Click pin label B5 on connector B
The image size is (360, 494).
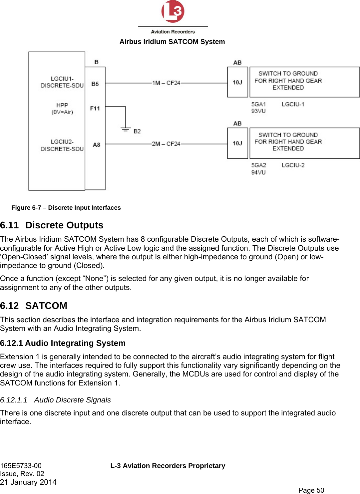(x=95, y=84)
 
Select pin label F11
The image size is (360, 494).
(x=95, y=108)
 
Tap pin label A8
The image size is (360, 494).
(x=96, y=145)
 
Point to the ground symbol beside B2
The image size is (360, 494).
(x=126, y=129)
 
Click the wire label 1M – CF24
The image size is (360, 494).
(x=166, y=83)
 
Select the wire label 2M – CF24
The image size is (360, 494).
(x=166, y=144)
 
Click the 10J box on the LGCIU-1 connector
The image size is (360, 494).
(x=237, y=82)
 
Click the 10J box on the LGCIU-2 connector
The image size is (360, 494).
(x=237, y=143)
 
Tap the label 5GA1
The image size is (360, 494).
(x=258, y=104)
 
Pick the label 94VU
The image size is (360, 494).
(x=258, y=172)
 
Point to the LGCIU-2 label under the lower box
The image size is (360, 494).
(x=293, y=165)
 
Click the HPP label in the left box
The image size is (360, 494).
(x=62, y=105)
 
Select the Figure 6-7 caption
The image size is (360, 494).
(x=66, y=208)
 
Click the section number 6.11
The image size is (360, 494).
(x=9, y=225)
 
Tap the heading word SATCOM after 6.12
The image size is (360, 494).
(x=46, y=306)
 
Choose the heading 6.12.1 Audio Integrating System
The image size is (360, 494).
(x=63, y=343)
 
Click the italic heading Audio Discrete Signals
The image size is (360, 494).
(x=72, y=400)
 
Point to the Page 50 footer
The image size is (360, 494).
(x=311, y=490)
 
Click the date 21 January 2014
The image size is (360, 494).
(x=28, y=482)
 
